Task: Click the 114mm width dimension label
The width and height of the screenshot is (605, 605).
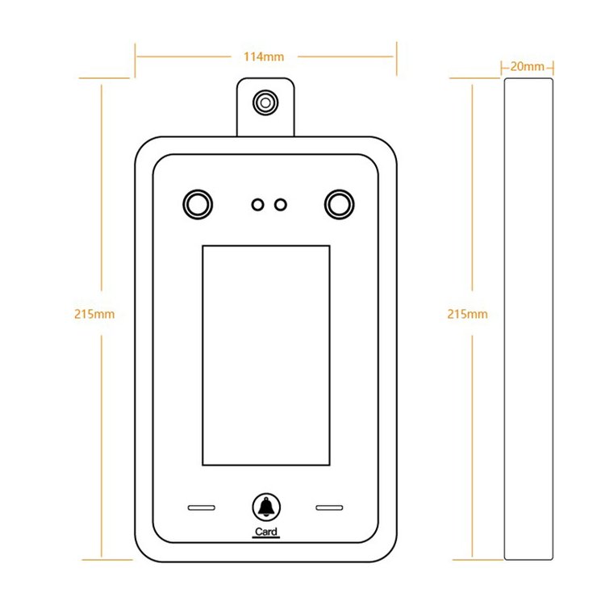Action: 265,56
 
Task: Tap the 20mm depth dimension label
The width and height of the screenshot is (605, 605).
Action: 528,66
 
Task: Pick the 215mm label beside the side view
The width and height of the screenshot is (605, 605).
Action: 468,314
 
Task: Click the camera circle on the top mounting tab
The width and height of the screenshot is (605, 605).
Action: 265,102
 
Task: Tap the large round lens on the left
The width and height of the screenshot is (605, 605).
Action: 197,204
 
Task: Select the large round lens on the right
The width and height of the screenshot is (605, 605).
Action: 339,204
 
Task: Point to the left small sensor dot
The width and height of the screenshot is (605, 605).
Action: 257,205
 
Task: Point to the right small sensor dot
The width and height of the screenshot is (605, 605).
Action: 280,205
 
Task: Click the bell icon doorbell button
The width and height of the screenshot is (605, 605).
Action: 265,507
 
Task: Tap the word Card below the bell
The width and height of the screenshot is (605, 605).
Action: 265,532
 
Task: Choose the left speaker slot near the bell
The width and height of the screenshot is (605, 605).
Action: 202,508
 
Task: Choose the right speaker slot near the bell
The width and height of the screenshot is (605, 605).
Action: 328,508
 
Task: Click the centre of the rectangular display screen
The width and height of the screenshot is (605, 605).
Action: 265,355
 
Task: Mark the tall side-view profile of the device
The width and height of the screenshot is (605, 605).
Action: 528,319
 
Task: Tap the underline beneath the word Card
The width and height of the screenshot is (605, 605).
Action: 265,539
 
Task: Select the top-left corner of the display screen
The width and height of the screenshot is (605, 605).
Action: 202,246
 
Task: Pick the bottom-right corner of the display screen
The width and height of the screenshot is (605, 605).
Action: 329,465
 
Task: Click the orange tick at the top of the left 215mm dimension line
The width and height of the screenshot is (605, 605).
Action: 102,79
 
